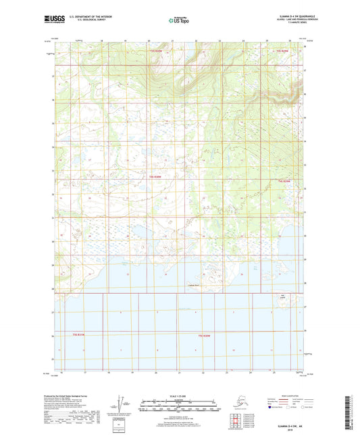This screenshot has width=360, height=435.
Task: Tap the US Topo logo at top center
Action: point(180,20)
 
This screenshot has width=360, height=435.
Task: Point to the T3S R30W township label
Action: point(156,51)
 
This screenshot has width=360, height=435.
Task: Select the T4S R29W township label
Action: point(284,181)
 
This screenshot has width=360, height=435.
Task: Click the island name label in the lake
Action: point(282,296)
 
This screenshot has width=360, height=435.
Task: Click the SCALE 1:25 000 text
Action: point(180,395)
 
